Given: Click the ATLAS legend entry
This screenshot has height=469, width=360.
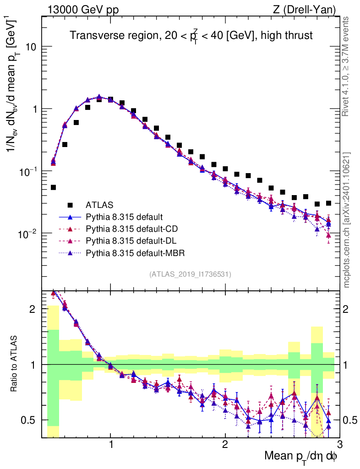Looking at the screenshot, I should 99,205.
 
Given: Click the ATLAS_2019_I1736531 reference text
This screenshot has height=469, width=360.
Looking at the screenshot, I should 190,274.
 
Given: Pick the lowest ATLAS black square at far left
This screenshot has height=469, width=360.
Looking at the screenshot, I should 53,187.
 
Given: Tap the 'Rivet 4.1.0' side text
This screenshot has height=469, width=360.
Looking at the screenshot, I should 347,66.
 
